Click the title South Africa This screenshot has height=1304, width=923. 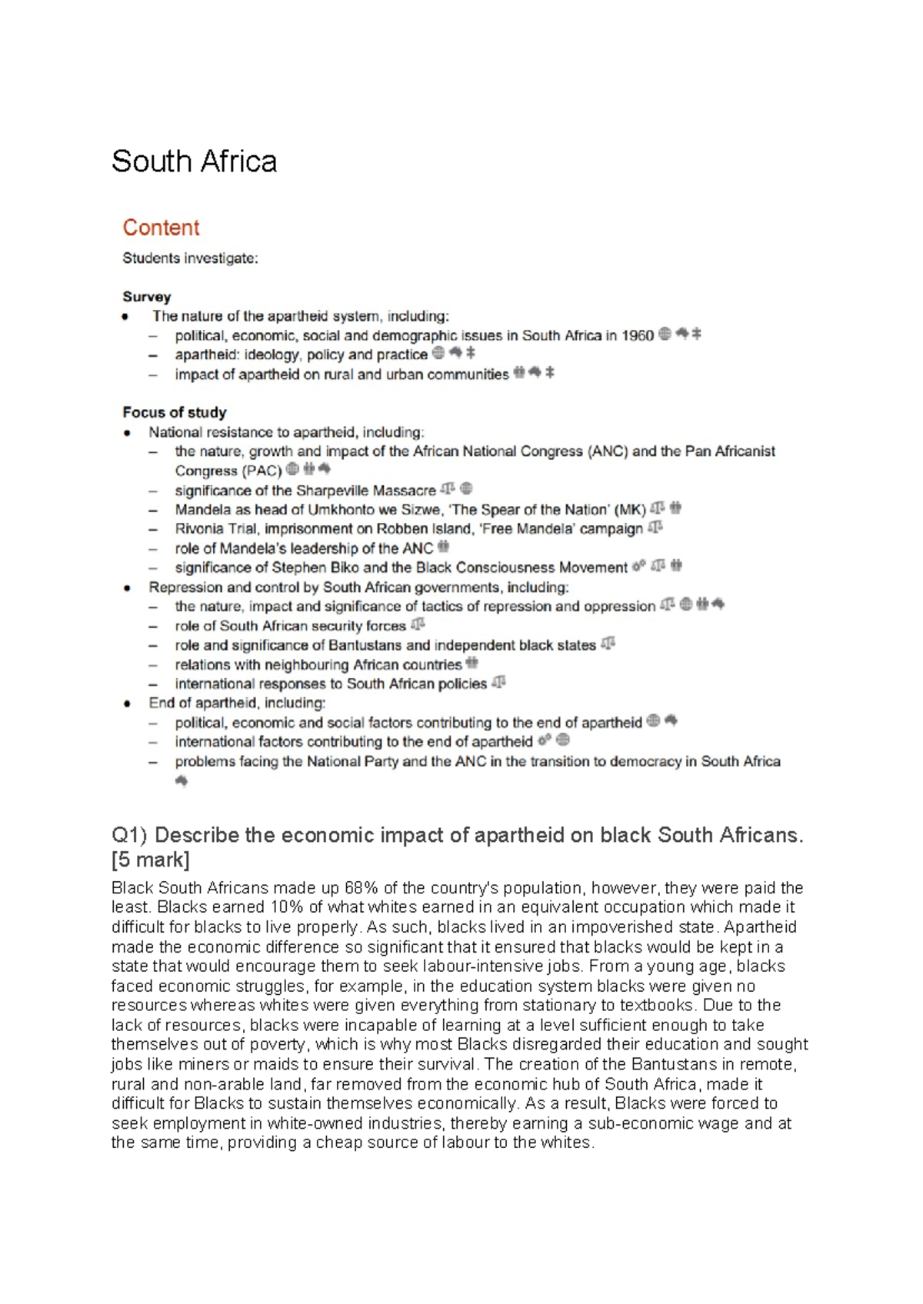coord(194,161)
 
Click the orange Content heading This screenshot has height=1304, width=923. coord(161,228)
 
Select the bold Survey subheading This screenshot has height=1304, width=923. coord(146,297)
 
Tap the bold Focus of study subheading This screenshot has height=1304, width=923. coord(175,412)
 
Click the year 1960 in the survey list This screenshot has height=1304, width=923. coord(637,335)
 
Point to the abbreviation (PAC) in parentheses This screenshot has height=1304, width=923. coord(262,471)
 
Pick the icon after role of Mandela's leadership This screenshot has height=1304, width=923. coord(443,547)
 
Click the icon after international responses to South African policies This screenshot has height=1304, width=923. coord(498,683)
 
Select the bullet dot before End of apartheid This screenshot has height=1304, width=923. coord(127,704)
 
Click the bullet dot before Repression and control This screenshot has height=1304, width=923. coord(127,587)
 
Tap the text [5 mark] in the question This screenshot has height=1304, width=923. coord(151,860)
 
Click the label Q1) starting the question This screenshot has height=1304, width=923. coord(130,836)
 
